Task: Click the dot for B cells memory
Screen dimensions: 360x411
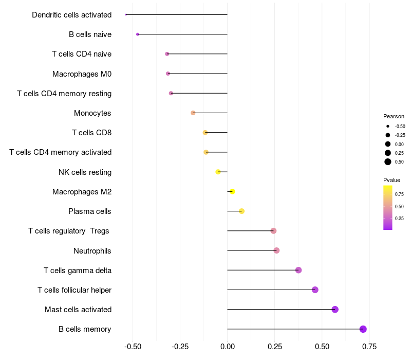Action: [x=363, y=329]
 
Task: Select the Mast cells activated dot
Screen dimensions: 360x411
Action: [x=335, y=310]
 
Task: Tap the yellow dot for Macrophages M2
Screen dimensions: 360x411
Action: [x=232, y=191]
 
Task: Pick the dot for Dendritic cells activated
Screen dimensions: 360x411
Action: [x=126, y=14]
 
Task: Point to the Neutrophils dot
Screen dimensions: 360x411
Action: [x=276, y=250]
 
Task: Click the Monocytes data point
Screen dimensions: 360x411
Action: [x=193, y=113]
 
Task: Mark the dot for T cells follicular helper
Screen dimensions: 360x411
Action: [x=315, y=290]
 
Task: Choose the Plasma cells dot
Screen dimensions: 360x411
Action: [x=241, y=211]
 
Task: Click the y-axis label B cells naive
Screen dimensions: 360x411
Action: [x=90, y=34]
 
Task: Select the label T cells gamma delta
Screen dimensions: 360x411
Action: [x=78, y=271]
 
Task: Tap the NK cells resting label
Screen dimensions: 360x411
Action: [x=85, y=172]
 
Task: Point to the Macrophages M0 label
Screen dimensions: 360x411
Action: [x=82, y=74]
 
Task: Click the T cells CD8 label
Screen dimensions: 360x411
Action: [x=92, y=133]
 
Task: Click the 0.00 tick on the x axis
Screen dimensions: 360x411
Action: [x=227, y=347]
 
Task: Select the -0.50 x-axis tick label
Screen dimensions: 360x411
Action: [x=133, y=347]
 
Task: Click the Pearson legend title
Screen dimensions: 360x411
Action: [x=394, y=116]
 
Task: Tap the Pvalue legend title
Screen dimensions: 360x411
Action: [x=391, y=180]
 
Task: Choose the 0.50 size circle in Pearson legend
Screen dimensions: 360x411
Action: [x=388, y=162]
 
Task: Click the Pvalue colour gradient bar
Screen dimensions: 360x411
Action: [x=387, y=207]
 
